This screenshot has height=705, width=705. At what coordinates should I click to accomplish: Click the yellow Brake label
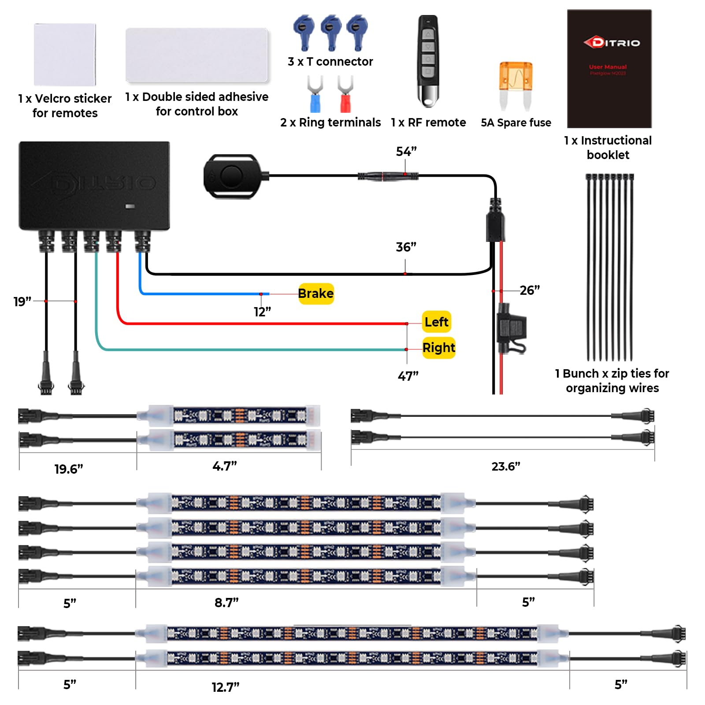click(x=315, y=293)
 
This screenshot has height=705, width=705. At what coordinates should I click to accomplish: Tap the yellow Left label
click(x=436, y=322)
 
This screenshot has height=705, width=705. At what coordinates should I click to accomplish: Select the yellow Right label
click(x=438, y=348)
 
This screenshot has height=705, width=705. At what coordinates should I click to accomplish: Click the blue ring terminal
click(x=315, y=94)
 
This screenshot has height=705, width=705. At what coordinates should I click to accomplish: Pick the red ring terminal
click(x=345, y=94)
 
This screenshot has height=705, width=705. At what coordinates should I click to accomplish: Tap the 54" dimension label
click(x=406, y=152)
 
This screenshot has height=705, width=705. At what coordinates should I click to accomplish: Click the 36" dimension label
click(x=405, y=247)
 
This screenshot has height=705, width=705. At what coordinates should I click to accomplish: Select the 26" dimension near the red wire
click(x=529, y=290)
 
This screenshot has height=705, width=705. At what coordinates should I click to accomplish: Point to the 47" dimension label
click(x=408, y=376)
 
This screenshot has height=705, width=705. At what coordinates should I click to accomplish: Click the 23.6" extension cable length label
click(x=505, y=466)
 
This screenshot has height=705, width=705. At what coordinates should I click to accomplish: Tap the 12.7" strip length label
click(x=225, y=687)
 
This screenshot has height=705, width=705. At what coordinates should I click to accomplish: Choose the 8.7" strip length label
click(x=226, y=602)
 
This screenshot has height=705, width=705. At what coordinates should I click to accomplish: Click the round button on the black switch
click(x=231, y=176)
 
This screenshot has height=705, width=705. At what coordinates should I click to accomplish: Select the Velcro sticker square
click(x=65, y=55)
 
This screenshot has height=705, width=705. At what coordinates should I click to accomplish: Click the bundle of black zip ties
click(x=609, y=267)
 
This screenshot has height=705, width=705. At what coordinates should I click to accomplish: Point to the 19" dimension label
click(x=22, y=302)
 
